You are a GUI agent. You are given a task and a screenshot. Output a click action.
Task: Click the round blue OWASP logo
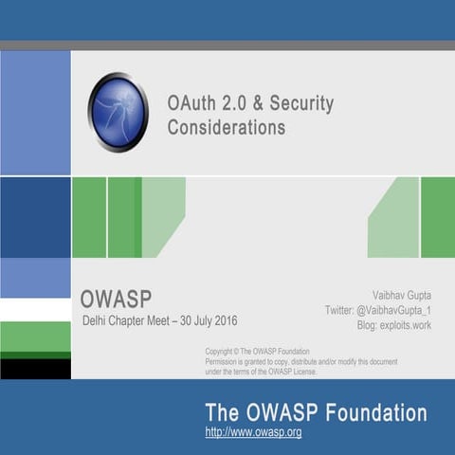tap(118, 112)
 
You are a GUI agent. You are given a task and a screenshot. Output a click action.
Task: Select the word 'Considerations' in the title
tap(226, 127)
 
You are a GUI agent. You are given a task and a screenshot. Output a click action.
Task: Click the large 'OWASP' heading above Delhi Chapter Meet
tap(116, 299)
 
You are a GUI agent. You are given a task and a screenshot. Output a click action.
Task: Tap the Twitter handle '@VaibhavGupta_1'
tap(403, 310)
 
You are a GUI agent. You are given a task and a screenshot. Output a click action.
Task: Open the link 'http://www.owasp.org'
tap(253, 432)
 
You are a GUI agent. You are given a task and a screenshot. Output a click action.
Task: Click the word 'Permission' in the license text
tap(226, 362)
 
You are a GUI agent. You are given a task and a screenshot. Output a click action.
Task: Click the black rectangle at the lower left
tap(35, 369)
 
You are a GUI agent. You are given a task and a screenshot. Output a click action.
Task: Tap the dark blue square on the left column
tap(35, 217)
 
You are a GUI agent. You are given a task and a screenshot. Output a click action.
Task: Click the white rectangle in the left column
tap(35, 310)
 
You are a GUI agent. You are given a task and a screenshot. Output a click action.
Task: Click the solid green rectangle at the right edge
tap(437, 217)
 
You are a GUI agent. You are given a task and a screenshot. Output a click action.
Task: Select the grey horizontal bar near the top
tap(227, 45)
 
